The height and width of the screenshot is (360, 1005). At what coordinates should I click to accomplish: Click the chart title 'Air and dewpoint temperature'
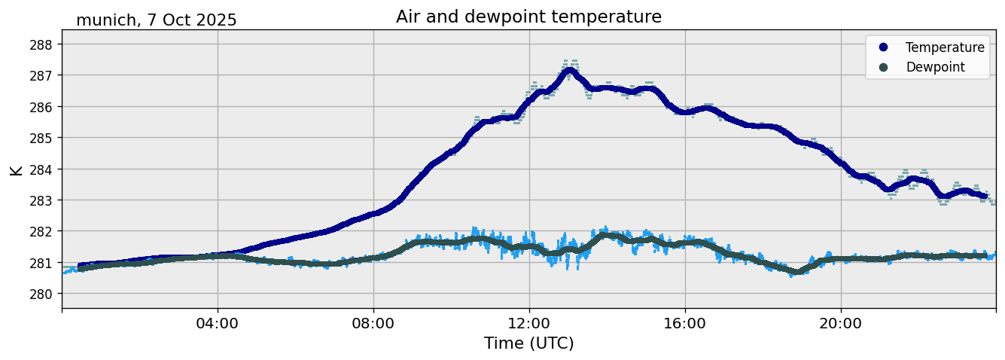[528, 17]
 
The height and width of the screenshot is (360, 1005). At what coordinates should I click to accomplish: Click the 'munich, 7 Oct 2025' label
[157, 20]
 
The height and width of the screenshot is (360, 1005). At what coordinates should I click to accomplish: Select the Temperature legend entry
[944, 47]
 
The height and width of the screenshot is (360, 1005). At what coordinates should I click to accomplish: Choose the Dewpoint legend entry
[934, 67]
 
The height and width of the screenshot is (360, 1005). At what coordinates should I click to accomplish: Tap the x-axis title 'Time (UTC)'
[528, 343]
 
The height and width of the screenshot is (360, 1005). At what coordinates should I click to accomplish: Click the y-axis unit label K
[17, 169]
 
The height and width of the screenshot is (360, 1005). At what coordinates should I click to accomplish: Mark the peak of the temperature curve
[569, 71]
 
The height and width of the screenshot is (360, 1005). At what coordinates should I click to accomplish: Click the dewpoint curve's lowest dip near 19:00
[796, 272]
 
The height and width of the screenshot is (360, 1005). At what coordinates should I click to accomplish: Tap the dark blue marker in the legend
[883, 47]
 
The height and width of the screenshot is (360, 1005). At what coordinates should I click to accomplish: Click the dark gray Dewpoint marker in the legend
[883, 67]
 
